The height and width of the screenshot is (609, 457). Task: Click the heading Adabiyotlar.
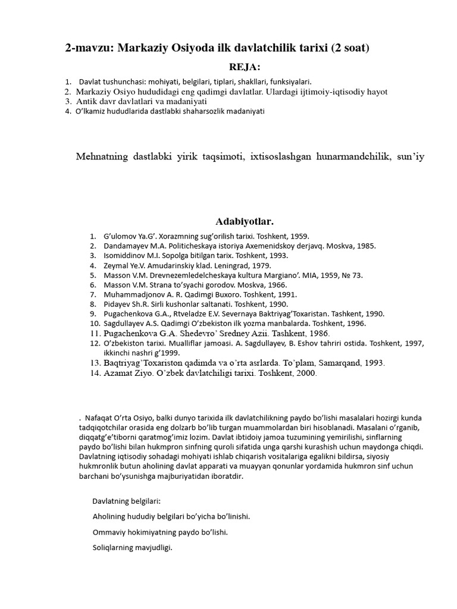[245, 221]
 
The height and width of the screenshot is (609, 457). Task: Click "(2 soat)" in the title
[348, 49]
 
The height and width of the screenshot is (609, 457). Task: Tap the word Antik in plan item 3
[86, 101]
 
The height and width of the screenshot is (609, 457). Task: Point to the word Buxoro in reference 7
[221, 294]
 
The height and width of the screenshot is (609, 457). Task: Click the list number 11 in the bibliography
[93, 334]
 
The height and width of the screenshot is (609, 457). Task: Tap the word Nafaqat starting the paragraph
[100, 419]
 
